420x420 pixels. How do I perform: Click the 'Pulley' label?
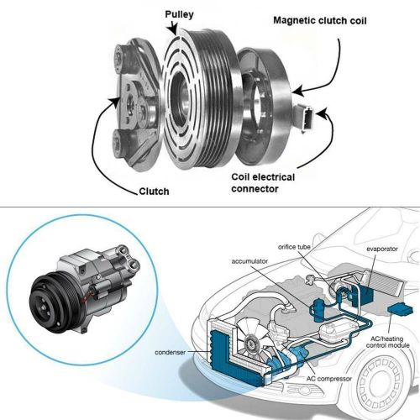click(182, 14)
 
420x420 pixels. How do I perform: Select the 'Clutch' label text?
click(153, 192)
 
